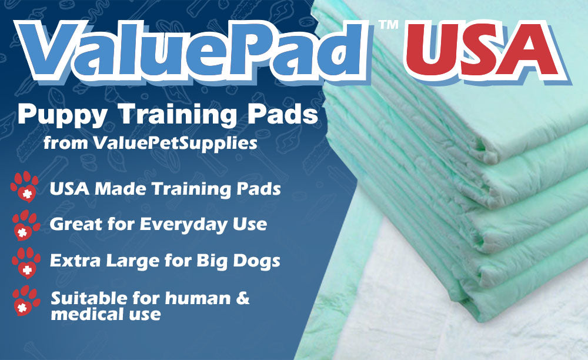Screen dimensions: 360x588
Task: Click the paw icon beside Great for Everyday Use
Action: (25, 223)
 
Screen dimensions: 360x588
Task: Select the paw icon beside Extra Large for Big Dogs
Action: (25, 261)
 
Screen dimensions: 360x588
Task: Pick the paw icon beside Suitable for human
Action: (25, 301)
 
